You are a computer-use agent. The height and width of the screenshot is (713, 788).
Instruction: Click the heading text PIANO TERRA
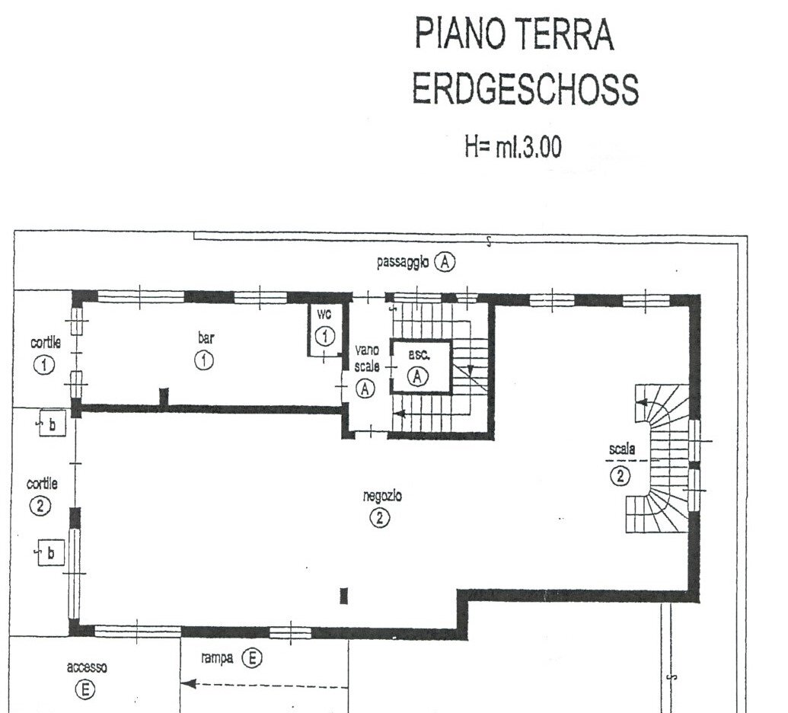pyautogui.click(x=514, y=34)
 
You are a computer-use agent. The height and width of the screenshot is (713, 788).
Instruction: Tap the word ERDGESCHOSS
pyautogui.click(x=525, y=88)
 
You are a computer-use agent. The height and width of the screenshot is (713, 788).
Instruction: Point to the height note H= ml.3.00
pyautogui.click(x=513, y=147)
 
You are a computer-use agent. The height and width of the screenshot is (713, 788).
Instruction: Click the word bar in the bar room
pyautogui.click(x=206, y=338)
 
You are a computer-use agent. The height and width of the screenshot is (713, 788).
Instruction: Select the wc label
pyautogui.click(x=324, y=315)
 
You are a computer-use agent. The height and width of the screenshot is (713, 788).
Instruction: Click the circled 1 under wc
pyautogui.click(x=324, y=336)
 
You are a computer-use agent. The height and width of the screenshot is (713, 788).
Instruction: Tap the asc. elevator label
pyautogui.click(x=419, y=354)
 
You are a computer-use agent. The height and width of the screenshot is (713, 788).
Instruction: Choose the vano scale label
pyautogui.click(x=367, y=358)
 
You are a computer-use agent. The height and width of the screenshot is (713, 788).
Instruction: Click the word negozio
pyautogui.click(x=382, y=497)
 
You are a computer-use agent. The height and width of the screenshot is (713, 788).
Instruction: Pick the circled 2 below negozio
pyautogui.click(x=379, y=517)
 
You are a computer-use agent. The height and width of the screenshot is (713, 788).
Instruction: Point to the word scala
pyautogui.click(x=622, y=449)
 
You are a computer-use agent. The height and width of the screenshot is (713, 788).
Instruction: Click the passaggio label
pyautogui.click(x=403, y=263)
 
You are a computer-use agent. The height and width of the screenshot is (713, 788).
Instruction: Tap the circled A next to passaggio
pyautogui.click(x=445, y=262)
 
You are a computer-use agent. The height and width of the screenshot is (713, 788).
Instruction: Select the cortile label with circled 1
pyautogui.click(x=46, y=343)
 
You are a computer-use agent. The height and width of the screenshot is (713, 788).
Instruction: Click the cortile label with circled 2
pyautogui.click(x=42, y=484)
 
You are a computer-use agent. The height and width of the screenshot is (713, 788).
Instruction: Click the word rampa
pyautogui.click(x=216, y=658)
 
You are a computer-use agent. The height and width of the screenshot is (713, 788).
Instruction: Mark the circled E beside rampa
pyautogui.click(x=252, y=657)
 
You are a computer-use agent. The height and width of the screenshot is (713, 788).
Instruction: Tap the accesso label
pyautogui.click(x=87, y=668)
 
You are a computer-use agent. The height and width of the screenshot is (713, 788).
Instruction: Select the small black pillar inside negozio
pyautogui.click(x=344, y=596)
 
